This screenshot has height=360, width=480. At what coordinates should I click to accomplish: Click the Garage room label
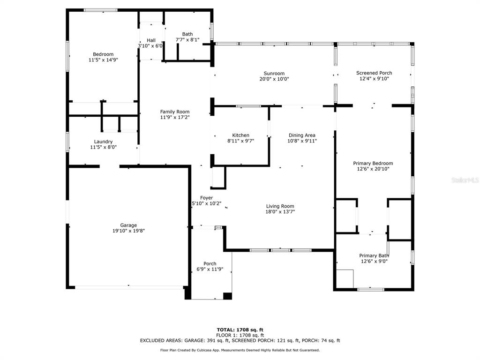click(x=128, y=225)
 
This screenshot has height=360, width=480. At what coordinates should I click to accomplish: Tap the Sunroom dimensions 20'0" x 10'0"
click(x=274, y=79)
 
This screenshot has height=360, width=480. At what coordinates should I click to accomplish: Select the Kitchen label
click(x=240, y=135)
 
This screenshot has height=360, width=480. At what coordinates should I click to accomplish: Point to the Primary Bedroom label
click(x=373, y=163)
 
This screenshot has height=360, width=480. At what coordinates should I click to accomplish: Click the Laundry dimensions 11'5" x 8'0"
click(x=103, y=147)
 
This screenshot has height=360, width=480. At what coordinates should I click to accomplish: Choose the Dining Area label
click(x=302, y=135)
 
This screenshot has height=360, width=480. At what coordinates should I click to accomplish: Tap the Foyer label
click(x=207, y=198)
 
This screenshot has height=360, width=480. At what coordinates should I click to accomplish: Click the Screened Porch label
click(x=374, y=73)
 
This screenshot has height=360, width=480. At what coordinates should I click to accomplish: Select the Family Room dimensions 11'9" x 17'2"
click(x=175, y=117)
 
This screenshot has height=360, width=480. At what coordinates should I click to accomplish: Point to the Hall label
click(x=151, y=40)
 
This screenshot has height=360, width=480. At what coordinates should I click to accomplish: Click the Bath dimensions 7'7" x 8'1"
click(x=187, y=39)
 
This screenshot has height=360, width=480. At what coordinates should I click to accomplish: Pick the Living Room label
click(x=280, y=206)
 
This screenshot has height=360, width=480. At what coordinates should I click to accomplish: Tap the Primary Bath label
click(x=374, y=255)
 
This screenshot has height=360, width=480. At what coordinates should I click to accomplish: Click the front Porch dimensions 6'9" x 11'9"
click(x=210, y=269)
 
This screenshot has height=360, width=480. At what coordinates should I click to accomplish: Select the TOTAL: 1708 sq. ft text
click(x=240, y=330)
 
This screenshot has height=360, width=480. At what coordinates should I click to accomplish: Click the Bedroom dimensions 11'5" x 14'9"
click(x=103, y=60)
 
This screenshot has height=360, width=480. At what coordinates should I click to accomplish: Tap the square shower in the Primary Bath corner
click(x=345, y=278)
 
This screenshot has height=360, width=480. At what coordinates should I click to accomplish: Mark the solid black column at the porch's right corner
click(x=227, y=296)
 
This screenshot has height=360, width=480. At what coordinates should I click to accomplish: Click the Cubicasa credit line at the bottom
click(x=240, y=350)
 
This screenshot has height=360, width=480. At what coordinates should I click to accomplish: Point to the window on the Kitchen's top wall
click(x=248, y=106)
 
